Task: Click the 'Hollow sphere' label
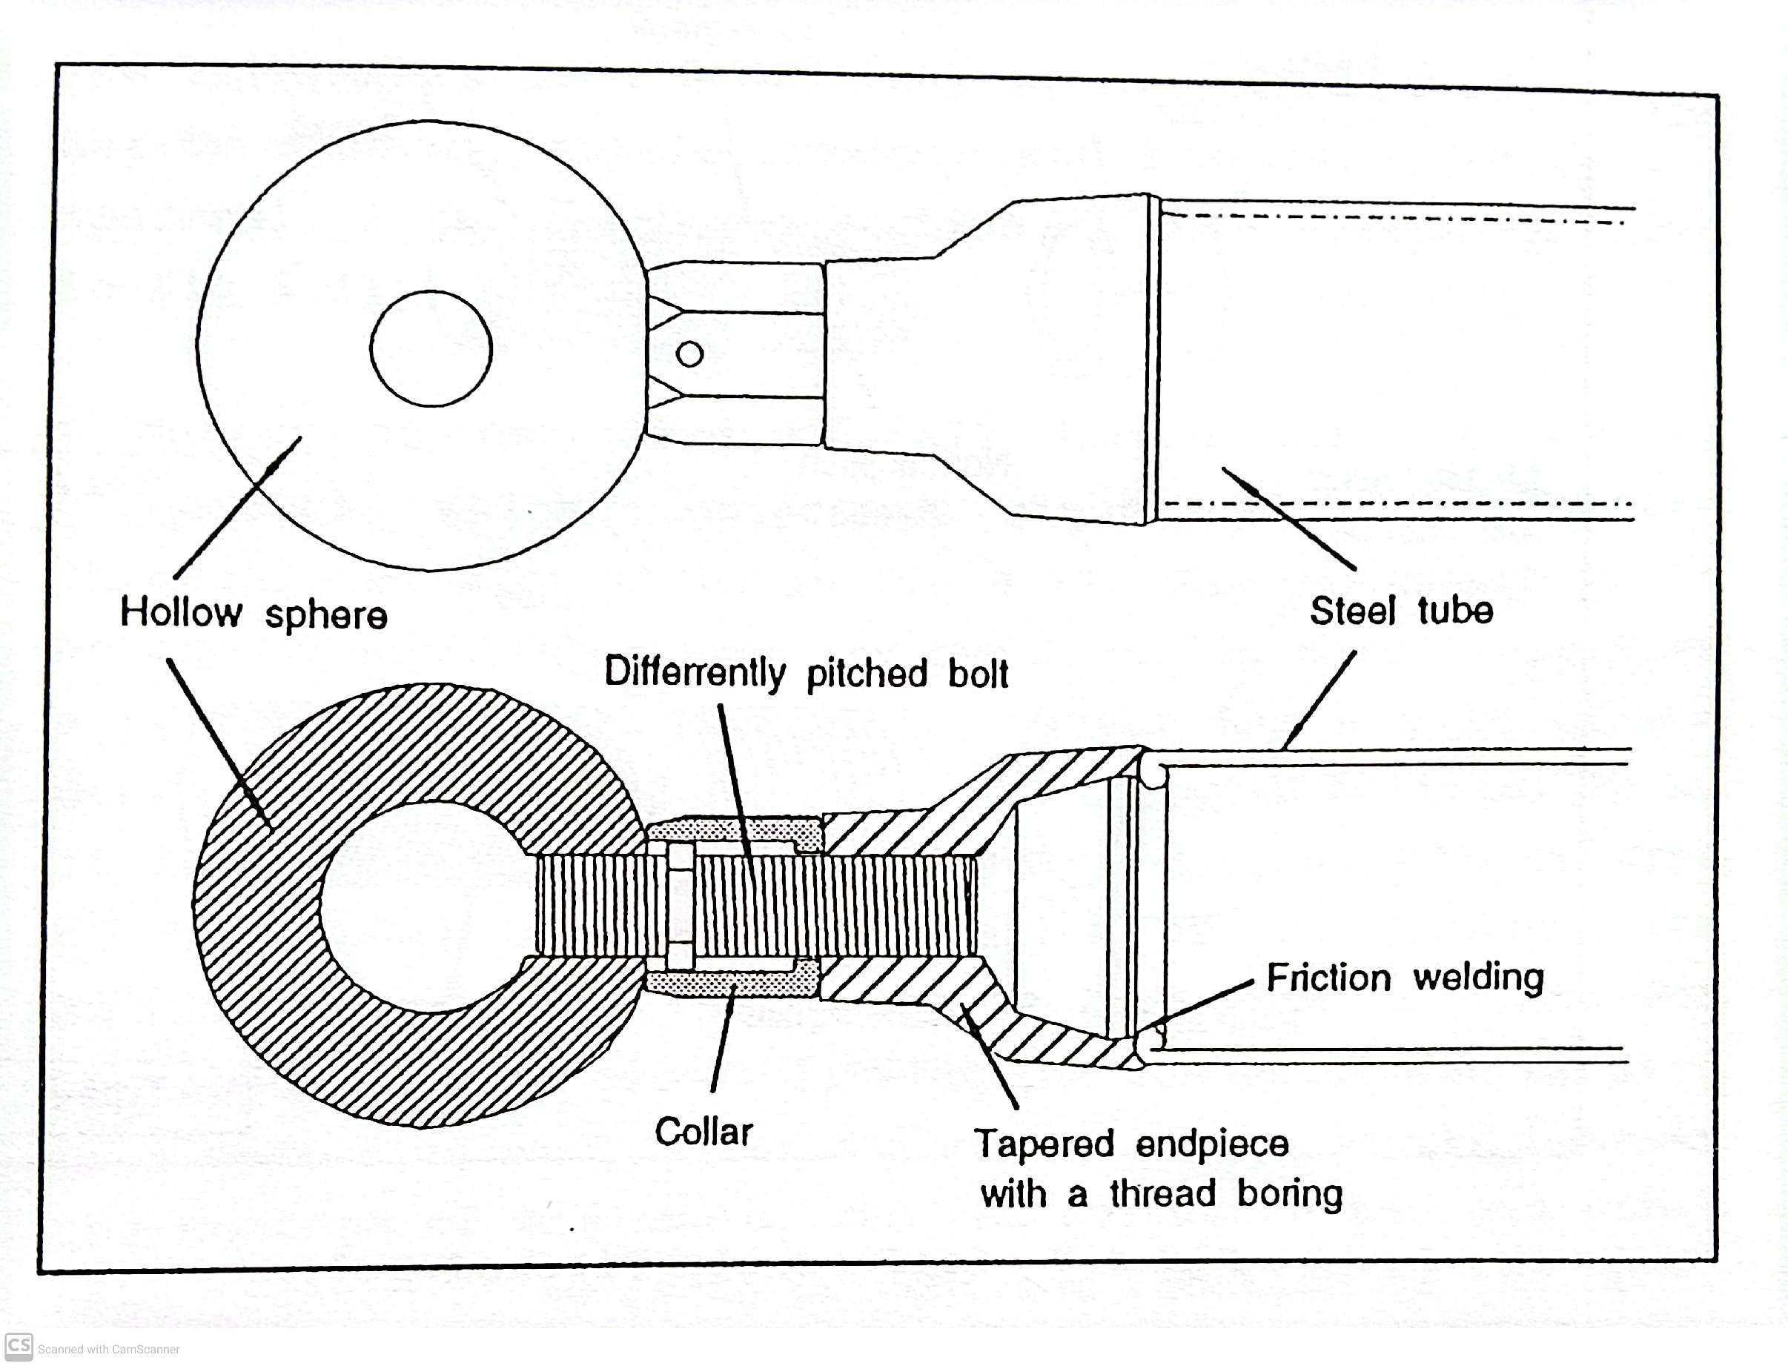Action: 254,614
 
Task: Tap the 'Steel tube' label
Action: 1401,611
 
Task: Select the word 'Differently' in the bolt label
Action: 695,673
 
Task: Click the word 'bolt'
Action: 979,674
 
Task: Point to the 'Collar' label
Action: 704,1132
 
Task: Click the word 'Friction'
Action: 1328,978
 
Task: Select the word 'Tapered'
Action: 1044,1144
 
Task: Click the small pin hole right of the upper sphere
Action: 689,354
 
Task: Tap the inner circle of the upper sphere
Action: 431,348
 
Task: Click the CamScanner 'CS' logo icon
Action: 19,1346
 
